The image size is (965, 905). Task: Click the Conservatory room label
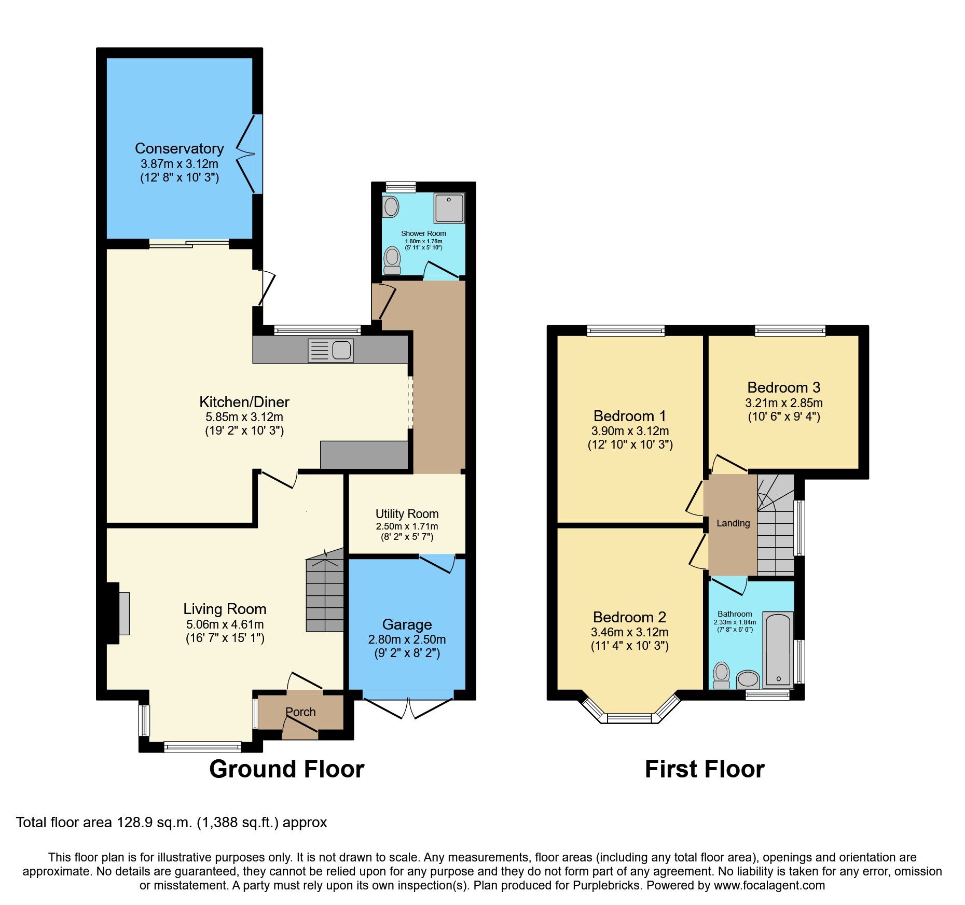(x=179, y=149)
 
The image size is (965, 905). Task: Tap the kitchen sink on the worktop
(x=331, y=350)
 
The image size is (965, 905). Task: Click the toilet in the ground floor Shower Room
(x=392, y=260)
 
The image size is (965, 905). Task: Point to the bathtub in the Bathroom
(x=778, y=650)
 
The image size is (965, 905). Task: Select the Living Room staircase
(x=325, y=594)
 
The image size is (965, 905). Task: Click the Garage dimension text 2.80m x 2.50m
(x=407, y=639)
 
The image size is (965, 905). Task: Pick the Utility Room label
(x=407, y=514)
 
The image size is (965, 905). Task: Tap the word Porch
(x=300, y=712)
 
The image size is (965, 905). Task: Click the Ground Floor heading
(x=286, y=769)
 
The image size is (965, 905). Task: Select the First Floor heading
(x=704, y=769)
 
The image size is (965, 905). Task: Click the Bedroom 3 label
(x=783, y=387)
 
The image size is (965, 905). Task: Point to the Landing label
(x=733, y=523)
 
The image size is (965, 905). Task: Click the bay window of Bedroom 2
(x=629, y=718)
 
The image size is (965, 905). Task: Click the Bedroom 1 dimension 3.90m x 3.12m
(x=630, y=431)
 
